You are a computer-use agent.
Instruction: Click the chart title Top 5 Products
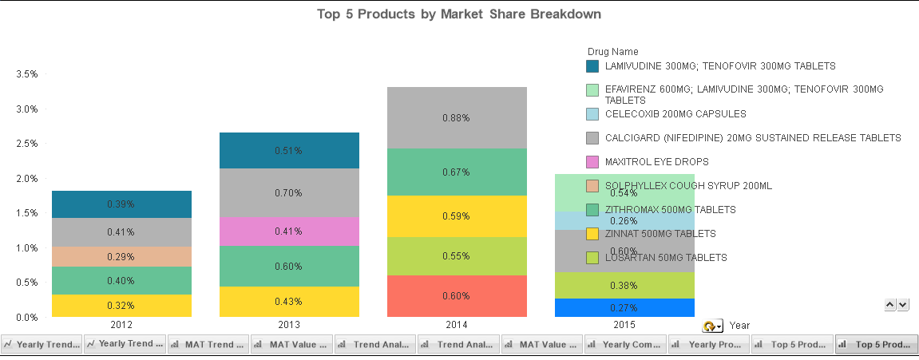(458, 14)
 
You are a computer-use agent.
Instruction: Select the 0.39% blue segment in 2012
(121, 204)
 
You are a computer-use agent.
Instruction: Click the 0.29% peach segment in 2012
(121, 257)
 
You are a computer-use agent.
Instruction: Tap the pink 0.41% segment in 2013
(288, 231)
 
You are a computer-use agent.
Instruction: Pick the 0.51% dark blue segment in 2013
(288, 151)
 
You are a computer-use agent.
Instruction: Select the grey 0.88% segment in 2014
(456, 117)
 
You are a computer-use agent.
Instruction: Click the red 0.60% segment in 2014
(456, 296)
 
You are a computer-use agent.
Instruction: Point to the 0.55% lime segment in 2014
(456, 256)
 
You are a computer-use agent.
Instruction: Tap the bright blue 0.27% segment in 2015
(624, 308)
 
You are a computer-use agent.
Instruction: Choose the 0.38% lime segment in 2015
(624, 286)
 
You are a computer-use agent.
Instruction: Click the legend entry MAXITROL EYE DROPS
(651, 162)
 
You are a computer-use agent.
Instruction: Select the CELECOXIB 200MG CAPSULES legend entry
(675, 114)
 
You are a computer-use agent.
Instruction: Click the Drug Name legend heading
(612, 52)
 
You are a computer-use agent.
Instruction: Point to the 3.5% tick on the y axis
(27, 74)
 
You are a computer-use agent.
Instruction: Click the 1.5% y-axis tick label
(27, 213)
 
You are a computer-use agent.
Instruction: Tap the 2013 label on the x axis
(288, 326)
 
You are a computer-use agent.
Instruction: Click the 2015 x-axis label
(624, 326)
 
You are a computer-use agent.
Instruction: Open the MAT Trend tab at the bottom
(208, 345)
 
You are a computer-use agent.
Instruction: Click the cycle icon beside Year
(711, 326)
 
